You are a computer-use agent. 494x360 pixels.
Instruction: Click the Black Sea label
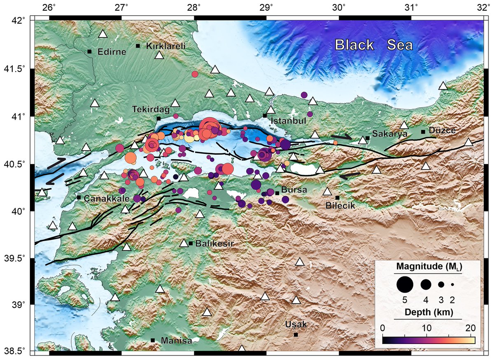pos(373,44)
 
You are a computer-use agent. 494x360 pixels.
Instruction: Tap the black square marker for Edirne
pos(89,51)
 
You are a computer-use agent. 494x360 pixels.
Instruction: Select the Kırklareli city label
pos(166,46)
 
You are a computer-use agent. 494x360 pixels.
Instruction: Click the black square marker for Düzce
pos(423,132)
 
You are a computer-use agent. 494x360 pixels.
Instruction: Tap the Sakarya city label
pos(389,134)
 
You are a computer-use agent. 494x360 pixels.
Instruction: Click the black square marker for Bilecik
pos(338,198)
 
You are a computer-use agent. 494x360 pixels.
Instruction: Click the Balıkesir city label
pos(214,244)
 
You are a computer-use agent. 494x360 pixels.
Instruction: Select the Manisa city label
pos(176,341)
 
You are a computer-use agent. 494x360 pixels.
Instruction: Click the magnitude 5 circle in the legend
pos(405,284)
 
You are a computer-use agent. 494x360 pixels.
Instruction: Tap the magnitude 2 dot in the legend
pos(452,284)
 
